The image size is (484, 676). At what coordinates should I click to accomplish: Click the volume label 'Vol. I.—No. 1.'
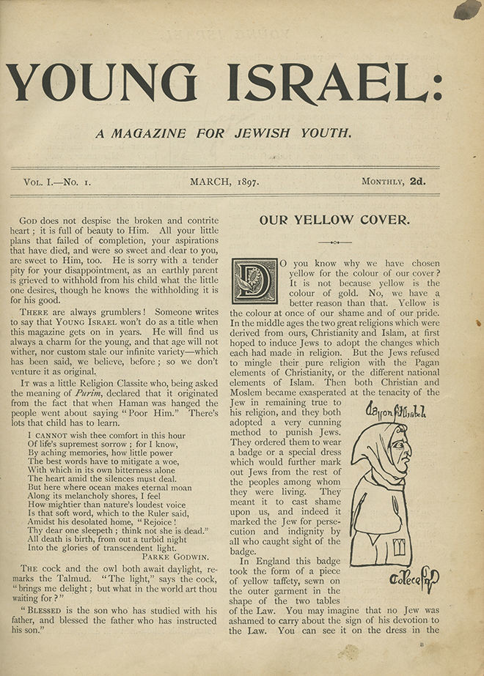(x=56, y=180)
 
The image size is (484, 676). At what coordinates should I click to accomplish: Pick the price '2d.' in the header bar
(x=417, y=180)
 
